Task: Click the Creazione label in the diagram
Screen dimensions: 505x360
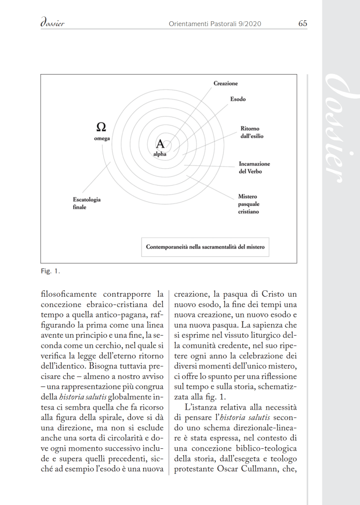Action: tap(225, 84)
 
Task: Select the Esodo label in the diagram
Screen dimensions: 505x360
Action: tap(238, 99)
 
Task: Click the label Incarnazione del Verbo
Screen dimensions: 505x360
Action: tap(254, 167)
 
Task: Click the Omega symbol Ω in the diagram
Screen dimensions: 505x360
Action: tap(101, 126)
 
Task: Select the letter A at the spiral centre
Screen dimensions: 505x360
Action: tap(160, 144)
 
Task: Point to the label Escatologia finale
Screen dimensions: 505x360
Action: tap(86, 203)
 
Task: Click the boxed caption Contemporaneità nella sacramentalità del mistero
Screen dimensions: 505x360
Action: tap(205, 247)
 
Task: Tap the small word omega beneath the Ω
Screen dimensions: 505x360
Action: tap(102, 139)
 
